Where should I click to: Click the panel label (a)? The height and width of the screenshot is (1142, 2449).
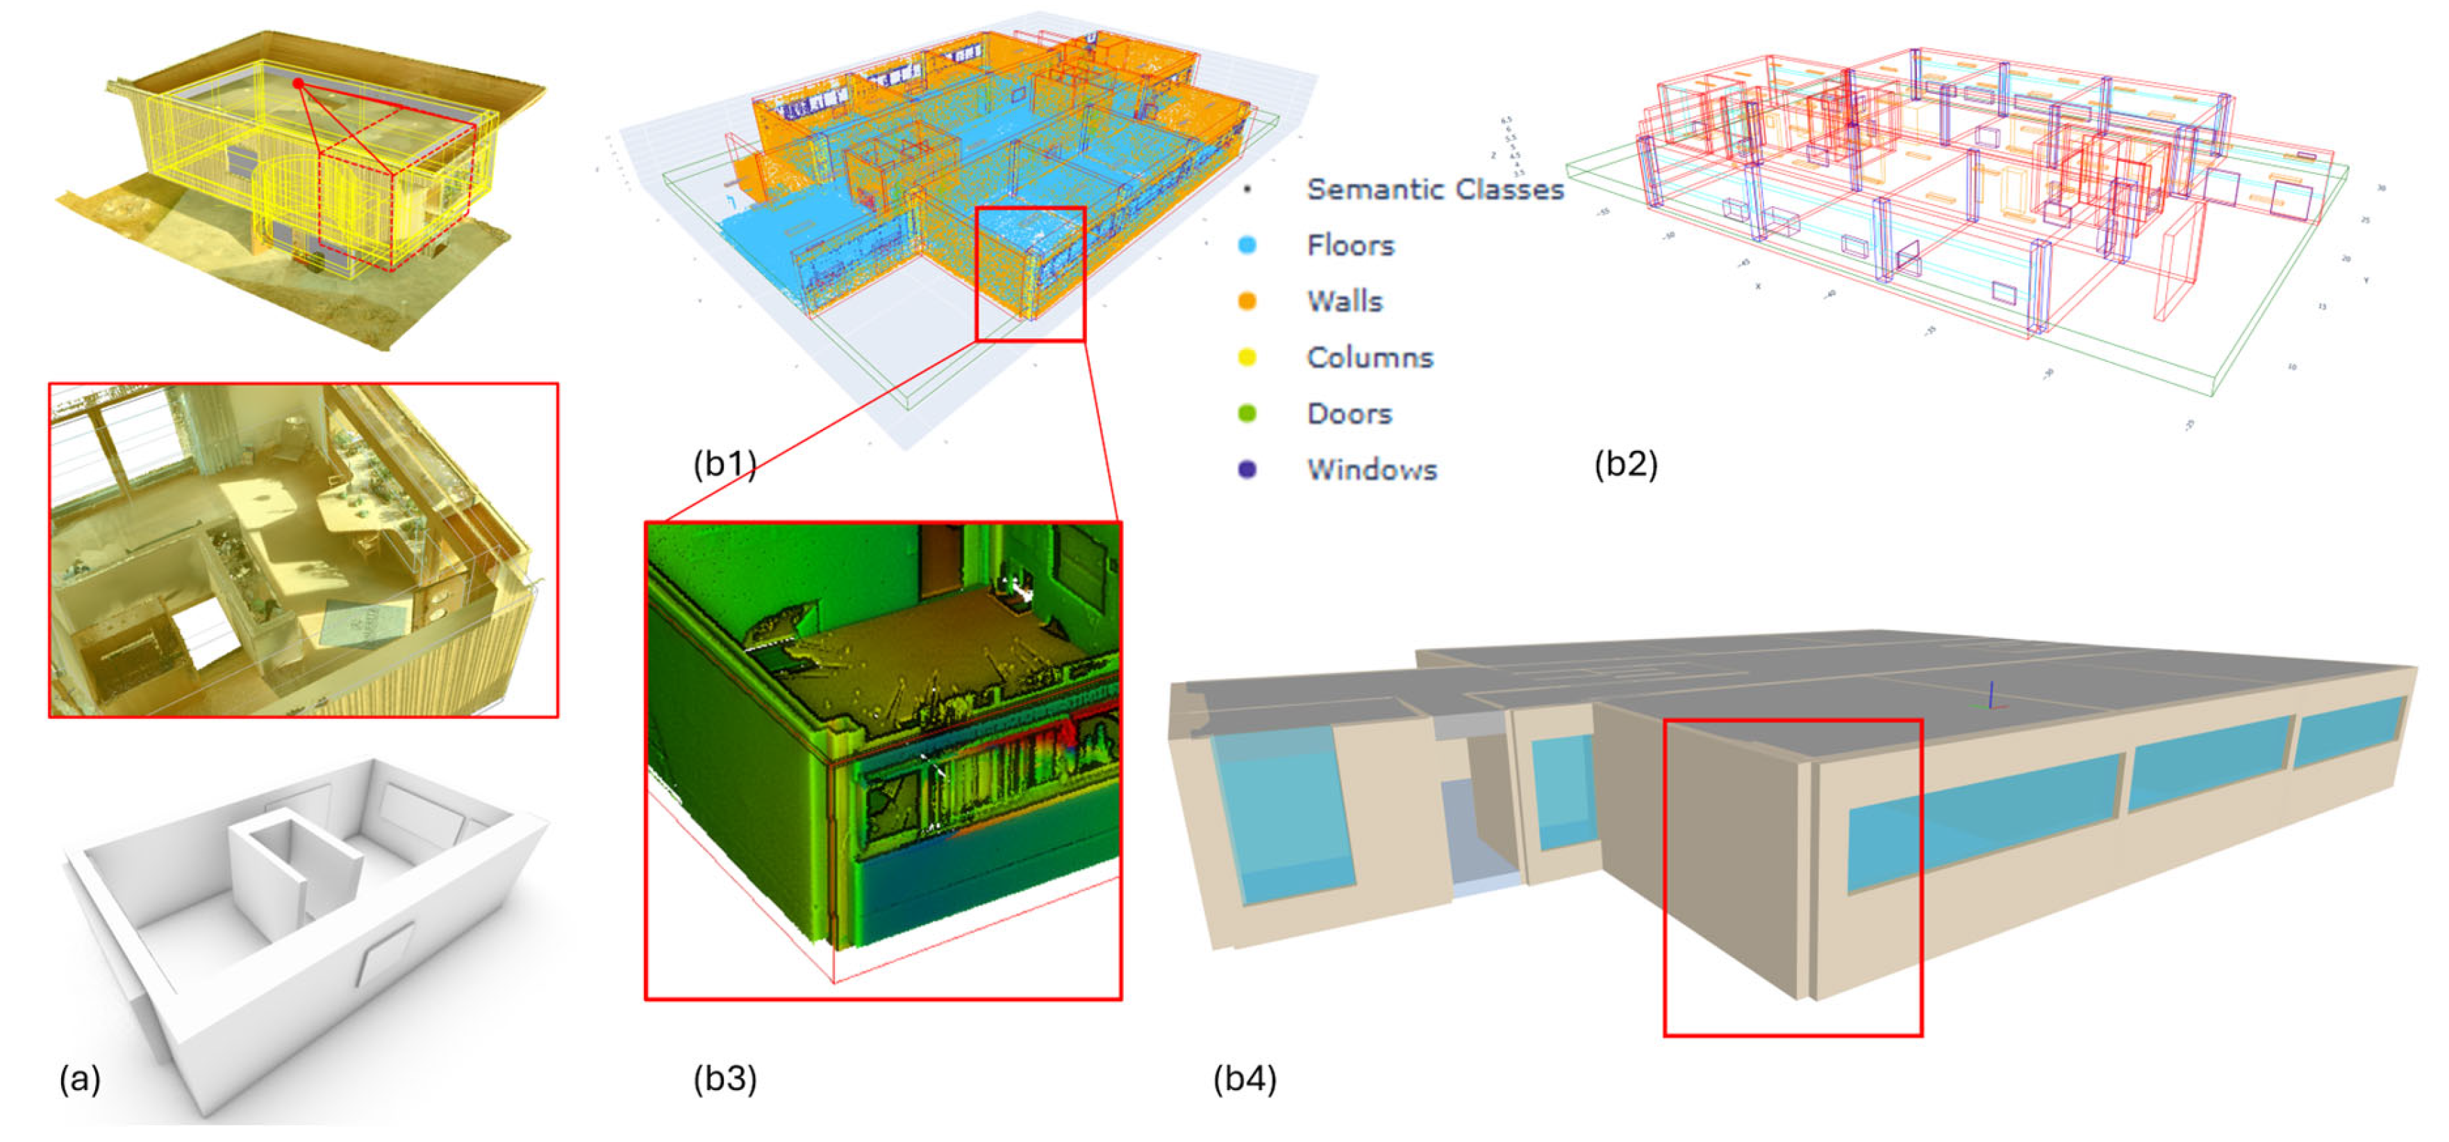tap(80, 1079)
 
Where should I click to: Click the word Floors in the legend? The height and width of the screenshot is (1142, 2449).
tap(1350, 245)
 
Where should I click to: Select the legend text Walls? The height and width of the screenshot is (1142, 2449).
tap(1344, 301)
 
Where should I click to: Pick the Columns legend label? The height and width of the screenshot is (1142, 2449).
tap(1369, 358)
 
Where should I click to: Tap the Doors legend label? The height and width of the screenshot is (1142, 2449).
tap(1349, 413)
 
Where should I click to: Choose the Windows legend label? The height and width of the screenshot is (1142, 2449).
tap(1371, 470)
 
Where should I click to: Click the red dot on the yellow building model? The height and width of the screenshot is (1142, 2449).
tap(299, 83)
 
